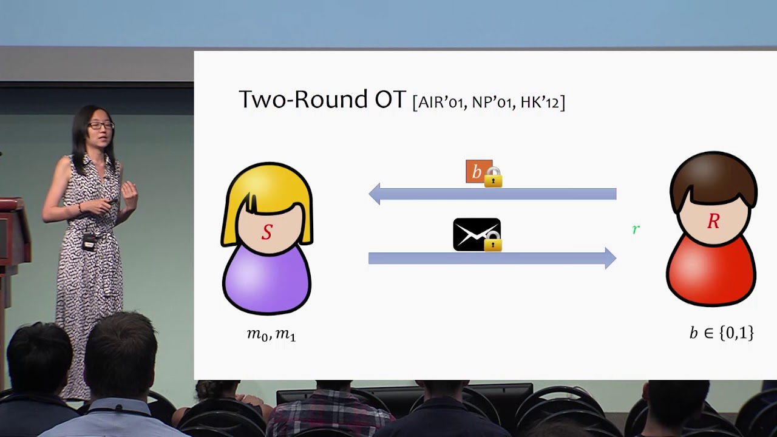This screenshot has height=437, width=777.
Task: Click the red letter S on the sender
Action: pyautogui.click(x=266, y=232)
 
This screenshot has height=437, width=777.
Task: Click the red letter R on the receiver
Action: pyautogui.click(x=713, y=221)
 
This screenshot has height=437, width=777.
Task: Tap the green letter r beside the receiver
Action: pyautogui.click(x=636, y=229)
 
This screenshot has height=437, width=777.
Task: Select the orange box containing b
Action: pyautogui.click(x=479, y=171)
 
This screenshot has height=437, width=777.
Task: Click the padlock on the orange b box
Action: pyautogui.click(x=494, y=177)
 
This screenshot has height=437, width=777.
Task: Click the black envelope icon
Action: pyautogui.click(x=477, y=234)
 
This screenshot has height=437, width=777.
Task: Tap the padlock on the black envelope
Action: pyautogui.click(x=492, y=241)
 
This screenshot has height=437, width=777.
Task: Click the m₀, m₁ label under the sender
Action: pyautogui.click(x=271, y=334)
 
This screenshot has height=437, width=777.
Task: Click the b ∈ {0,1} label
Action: pyautogui.click(x=722, y=333)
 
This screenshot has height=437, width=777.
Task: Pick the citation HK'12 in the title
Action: pyautogui.click(x=540, y=103)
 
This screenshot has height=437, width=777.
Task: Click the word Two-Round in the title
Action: pyautogui.click(x=303, y=99)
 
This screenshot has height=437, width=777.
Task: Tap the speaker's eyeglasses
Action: pyautogui.click(x=101, y=125)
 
